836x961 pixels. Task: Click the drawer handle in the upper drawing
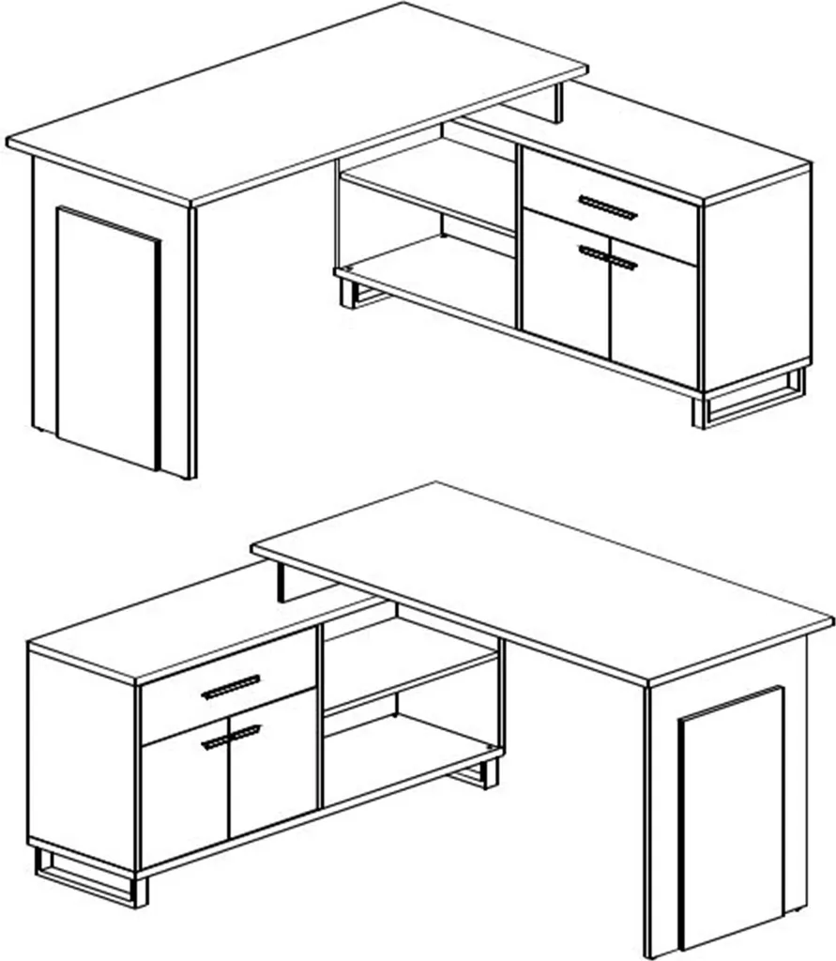click(x=607, y=207)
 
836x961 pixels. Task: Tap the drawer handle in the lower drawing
click(x=231, y=687)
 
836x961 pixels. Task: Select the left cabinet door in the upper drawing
click(x=566, y=282)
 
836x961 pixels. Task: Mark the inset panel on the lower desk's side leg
click(x=732, y=816)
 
